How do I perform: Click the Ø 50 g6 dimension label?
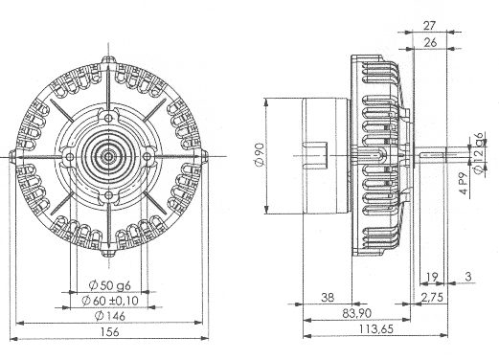tap(109, 285)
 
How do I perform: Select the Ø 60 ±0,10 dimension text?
tap(110, 301)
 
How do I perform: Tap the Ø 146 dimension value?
tap(110, 316)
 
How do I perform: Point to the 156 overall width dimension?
tap(109, 331)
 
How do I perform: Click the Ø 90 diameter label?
tap(260, 154)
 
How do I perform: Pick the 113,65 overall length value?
tap(376, 328)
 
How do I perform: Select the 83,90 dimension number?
tap(357, 313)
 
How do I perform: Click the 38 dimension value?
tap(328, 298)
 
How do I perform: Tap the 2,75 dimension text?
tap(432, 298)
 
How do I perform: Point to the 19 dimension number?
tap(432, 277)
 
